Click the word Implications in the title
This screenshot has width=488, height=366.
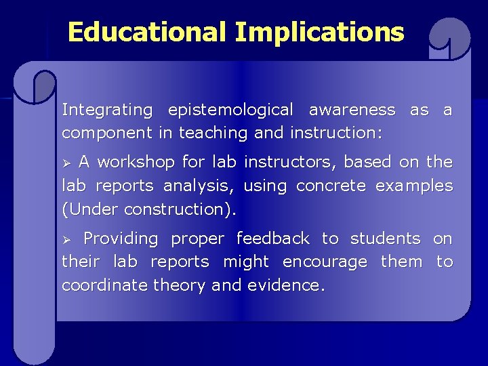click(x=319, y=32)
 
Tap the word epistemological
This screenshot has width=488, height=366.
click(x=230, y=110)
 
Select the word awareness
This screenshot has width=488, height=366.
click(x=352, y=110)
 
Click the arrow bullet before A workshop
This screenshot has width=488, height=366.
click(x=66, y=163)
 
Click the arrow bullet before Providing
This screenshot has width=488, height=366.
click(x=66, y=239)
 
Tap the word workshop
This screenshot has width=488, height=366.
click(x=134, y=163)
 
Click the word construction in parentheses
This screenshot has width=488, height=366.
click(x=183, y=209)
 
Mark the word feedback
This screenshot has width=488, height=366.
click(x=274, y=239)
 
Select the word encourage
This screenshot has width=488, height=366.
click(x=325, y=262)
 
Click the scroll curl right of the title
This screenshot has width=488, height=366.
click(x=449, y=41)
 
